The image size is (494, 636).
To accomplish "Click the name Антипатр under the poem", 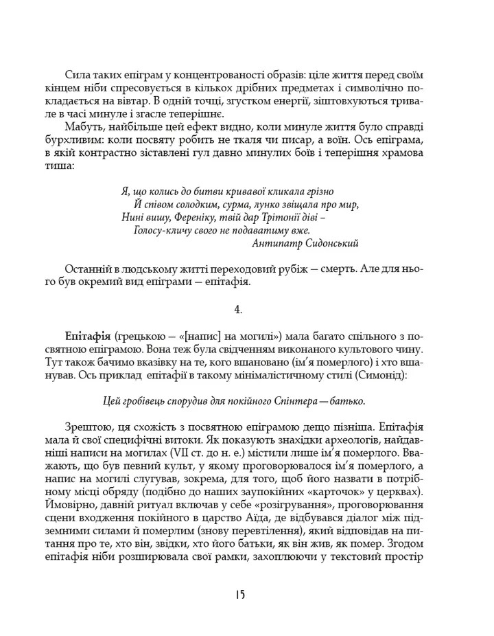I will click(277, 243).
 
